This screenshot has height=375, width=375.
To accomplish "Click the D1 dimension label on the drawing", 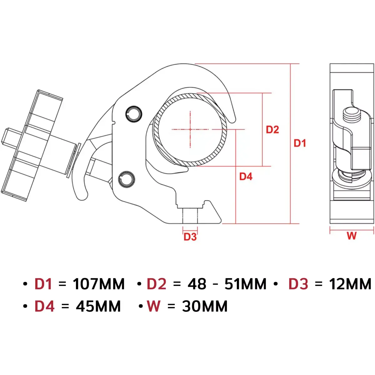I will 300,143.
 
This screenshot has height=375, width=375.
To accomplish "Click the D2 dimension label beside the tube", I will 272,129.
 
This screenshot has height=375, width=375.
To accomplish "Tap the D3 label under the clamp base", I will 190,237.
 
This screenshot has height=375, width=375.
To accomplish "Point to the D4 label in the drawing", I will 246,177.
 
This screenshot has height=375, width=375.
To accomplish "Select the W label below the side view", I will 352,236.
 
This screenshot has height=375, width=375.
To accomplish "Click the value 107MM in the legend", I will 99,284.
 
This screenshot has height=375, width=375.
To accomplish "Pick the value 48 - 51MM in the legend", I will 227,284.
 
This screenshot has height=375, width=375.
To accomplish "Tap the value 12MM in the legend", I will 350,284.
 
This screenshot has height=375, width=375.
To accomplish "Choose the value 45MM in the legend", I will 98,306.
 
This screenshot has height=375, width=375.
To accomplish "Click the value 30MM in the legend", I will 205,306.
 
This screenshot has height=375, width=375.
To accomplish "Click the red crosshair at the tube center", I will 190,129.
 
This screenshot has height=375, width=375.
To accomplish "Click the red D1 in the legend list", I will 43,284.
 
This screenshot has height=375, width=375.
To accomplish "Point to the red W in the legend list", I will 154,306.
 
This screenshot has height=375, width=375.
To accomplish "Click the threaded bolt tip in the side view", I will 352,113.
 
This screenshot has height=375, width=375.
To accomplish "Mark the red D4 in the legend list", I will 44,306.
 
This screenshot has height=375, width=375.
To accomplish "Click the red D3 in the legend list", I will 298,284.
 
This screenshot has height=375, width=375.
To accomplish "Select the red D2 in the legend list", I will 157,284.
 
